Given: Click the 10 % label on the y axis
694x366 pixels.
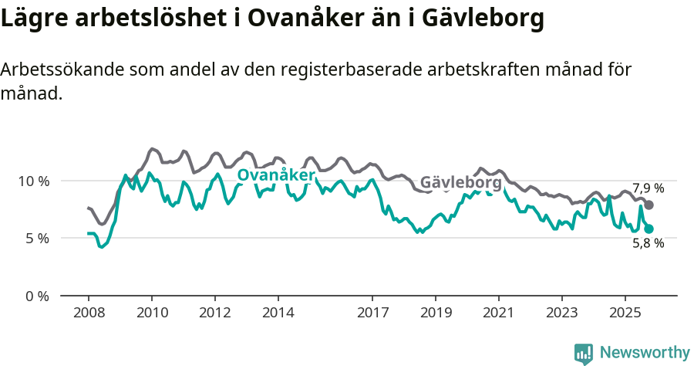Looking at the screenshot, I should coord(33,181).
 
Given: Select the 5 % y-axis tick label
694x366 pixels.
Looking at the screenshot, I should coord(36,239).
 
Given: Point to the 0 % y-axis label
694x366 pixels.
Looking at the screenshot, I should coord(36,296).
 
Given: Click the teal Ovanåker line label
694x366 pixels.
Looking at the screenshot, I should coord(275,176).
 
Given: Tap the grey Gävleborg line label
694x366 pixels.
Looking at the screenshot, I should coord(460,183).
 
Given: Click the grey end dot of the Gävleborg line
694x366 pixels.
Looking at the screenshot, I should coord(649,205).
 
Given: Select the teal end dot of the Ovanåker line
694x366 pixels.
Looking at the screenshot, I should coord(649,229).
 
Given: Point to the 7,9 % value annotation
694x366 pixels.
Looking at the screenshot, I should coord(648,188).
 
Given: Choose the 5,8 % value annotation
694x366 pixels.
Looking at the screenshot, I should coord(648,243).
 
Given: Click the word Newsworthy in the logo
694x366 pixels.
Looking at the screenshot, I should coord(645,353).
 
